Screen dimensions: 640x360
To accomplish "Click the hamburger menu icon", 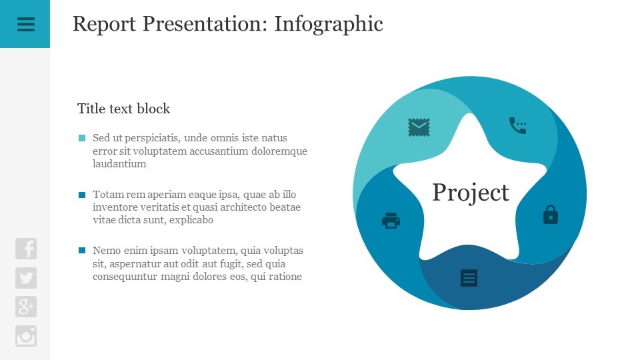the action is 26,24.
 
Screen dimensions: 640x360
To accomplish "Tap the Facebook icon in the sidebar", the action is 26,249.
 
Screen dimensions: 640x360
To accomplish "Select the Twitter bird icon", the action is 26,278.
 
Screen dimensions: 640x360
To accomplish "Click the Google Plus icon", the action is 26,307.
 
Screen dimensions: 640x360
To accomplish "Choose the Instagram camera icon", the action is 26,336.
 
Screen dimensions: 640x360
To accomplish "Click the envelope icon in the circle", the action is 419,127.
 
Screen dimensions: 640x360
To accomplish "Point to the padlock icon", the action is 551,214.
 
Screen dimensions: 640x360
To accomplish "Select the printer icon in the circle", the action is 391,221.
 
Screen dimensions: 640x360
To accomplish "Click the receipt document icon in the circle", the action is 469,278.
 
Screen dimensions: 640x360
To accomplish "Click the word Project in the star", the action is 471,192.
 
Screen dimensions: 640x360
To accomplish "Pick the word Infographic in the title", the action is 329,24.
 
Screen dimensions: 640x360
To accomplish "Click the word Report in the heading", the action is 104,24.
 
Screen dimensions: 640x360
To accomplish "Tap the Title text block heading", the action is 124,109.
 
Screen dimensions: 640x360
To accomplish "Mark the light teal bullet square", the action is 82,138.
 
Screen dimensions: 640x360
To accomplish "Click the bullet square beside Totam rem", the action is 82,195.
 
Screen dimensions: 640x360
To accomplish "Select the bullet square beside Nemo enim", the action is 82,250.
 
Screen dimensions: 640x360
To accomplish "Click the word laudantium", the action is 119,164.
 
